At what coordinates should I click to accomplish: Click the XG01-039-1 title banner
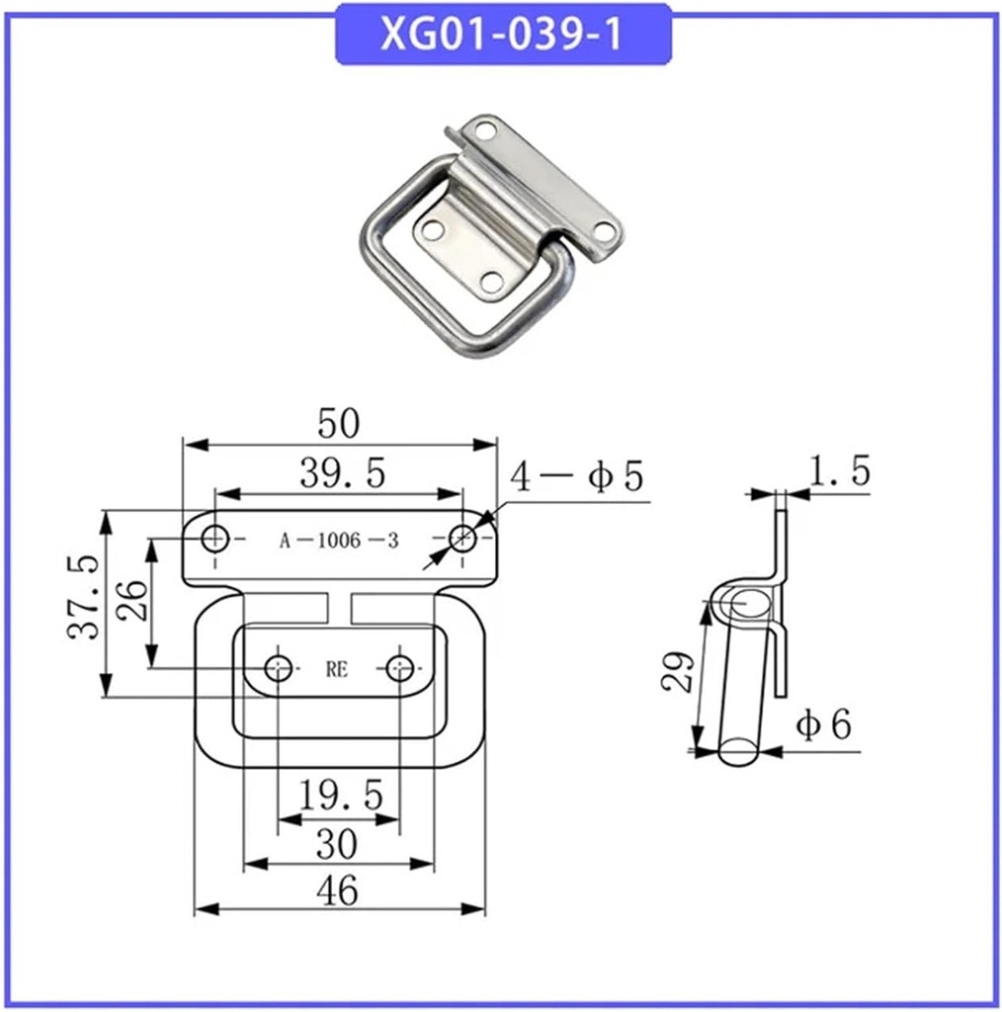pos(503,35)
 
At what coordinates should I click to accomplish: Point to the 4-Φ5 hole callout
pos(577,477)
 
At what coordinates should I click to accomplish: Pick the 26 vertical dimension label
pos(132,599)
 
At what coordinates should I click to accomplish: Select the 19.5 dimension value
pos(339,796)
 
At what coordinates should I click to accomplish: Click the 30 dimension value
pos(338,845)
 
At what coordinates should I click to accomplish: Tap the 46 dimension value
pos(338,891)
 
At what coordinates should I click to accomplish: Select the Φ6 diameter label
pos(824,726)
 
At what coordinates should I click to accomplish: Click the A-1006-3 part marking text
pos(339,541)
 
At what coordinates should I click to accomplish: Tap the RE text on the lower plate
pos(337,669)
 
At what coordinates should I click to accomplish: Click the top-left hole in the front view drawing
pos(215,539)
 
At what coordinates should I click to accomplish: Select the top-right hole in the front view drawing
pos(461,539)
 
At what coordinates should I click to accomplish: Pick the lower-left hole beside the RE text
pos(279,667)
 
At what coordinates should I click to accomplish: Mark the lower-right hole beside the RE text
pos(399,667)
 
